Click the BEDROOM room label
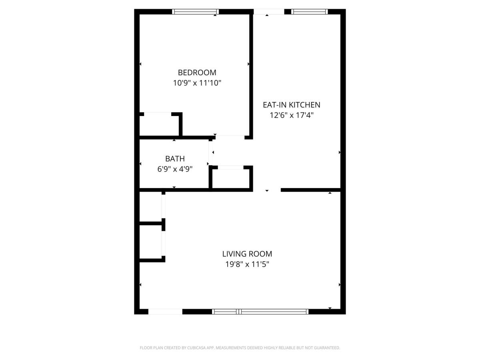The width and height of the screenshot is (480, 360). coord(197,72)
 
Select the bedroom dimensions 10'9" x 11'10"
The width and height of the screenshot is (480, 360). coord(197,83)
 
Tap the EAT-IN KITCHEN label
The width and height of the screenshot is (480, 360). coord(291,105)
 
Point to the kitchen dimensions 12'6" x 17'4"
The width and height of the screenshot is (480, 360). coord(292,115)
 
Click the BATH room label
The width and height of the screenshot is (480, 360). coord(175,159)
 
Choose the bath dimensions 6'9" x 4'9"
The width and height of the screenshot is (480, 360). coord(175,169)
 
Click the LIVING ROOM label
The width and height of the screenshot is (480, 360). coord(247,254)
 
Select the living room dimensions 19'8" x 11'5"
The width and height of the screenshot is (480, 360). coord(247,264)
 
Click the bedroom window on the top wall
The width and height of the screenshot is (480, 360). coord(195,12)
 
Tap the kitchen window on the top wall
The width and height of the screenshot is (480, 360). coord(310,12)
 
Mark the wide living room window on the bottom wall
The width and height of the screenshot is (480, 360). coord(260,312)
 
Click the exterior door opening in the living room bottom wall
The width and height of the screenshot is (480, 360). coord(165,312)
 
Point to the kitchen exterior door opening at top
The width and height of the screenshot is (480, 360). coord(269,12)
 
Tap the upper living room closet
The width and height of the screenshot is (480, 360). coord(150,206)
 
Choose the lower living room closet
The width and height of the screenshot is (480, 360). coord(150,242)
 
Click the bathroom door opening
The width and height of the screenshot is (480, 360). coord(210,153)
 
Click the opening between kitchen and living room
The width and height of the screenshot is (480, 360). coord(267,190)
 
